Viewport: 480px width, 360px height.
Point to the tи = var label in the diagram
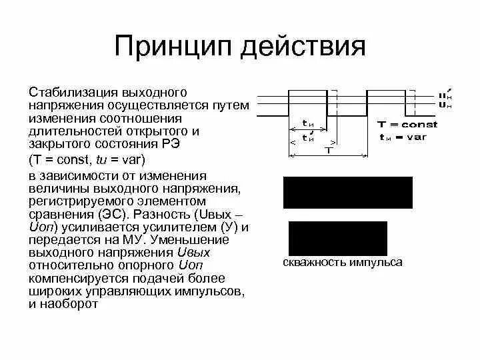[403, 137]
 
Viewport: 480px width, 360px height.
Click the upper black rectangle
[348, 193]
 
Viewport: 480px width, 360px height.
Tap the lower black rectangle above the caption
[337, 237]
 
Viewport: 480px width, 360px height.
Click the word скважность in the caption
[311, 263]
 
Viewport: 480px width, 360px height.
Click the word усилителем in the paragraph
[177, 227]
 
